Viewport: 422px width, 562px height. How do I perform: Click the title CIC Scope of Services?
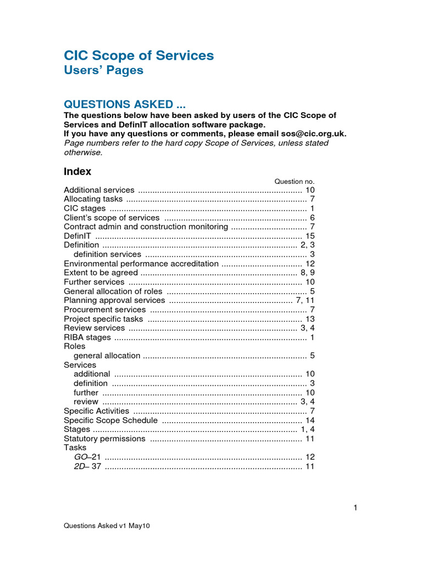click(139, 55)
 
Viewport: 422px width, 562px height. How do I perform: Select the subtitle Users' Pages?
click(103, 70)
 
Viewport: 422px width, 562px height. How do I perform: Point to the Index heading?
click(77, 171)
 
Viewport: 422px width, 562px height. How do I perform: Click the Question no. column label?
click(294, 181)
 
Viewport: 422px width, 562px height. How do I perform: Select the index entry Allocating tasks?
click(93, 199)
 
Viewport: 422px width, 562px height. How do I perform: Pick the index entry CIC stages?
click(85, 208)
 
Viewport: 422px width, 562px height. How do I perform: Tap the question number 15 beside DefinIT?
click(310, 235)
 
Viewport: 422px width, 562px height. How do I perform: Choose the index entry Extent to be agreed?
click(101, 273)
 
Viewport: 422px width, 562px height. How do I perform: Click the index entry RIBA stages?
click(87, 337)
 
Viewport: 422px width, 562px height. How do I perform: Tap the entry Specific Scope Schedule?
click(111, 420)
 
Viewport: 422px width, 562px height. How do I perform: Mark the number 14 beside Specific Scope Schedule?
click(310, 420)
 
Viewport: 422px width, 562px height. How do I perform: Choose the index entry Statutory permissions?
click(105, 439)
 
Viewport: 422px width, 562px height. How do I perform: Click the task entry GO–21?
click(87, 457)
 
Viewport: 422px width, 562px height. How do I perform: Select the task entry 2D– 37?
click(87, 466)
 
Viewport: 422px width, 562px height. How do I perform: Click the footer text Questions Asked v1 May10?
click(107, 525)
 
